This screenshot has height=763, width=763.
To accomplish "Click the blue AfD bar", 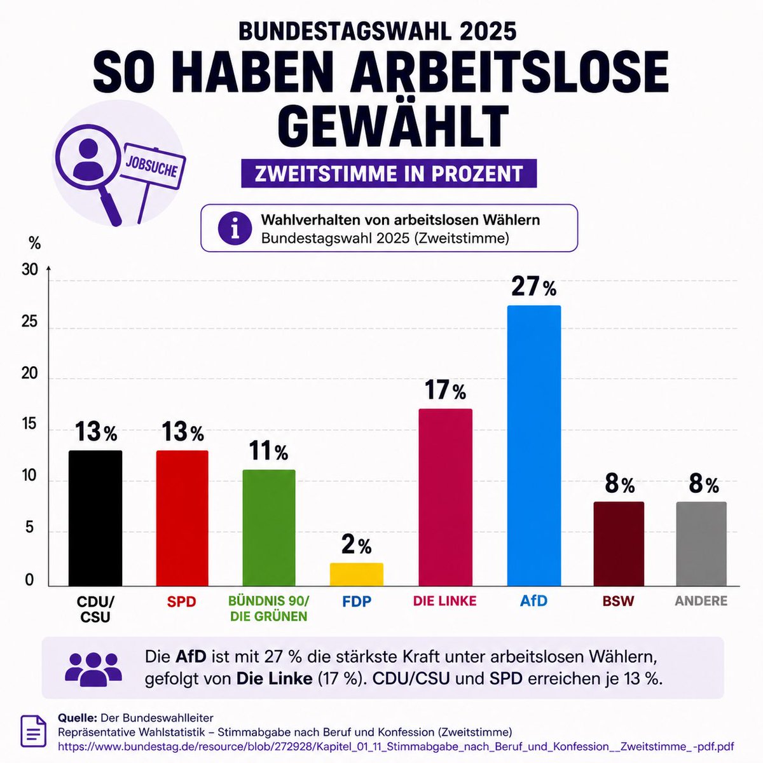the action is (533, 446).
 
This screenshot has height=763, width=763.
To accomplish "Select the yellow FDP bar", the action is (356, 574).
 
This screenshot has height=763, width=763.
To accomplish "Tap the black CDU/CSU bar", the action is (95, 518).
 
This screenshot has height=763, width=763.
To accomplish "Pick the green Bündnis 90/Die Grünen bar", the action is (269, 528).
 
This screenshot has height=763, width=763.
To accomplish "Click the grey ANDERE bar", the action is (701, 544).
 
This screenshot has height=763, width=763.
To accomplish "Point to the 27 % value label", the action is (533, 287).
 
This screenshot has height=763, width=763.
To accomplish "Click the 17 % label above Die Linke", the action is (446, 390).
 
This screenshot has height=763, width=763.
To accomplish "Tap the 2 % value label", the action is (356, 545).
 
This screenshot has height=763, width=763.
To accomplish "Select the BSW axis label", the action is (618, 601).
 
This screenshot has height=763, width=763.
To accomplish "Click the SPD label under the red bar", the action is (181, 601).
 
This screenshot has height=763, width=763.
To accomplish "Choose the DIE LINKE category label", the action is (444, 601).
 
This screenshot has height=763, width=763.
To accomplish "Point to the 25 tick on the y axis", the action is (29, 322).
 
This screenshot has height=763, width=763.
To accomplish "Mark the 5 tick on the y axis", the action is (30, 528).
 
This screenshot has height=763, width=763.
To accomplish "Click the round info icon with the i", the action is (235, 228).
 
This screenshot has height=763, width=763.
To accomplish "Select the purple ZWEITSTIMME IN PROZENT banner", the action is (389, 174).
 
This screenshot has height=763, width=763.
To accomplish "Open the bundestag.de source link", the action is (395, 746).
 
